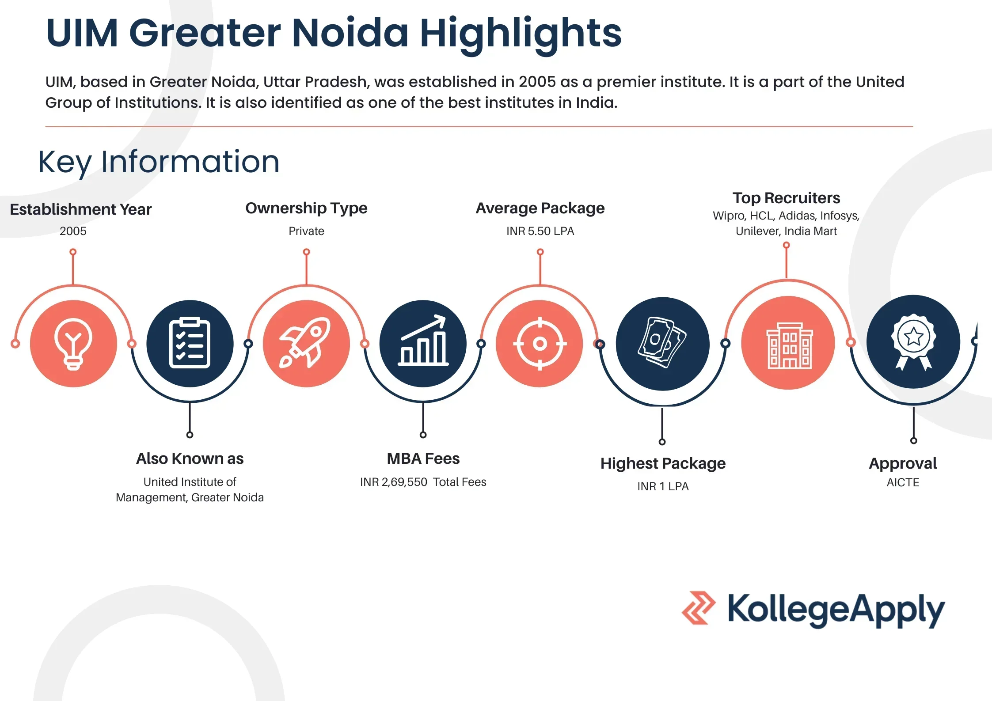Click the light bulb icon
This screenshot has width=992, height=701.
(73, 344)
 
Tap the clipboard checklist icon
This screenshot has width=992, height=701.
(190, 343)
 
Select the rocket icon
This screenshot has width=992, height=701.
(306, 343)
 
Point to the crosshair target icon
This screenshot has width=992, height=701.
(540, 343)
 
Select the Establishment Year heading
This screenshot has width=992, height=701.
(80, 209)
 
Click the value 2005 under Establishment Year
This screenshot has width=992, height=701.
(73, 231)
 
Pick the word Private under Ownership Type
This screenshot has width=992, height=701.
(306, 231)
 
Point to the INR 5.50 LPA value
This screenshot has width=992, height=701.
(540, 231)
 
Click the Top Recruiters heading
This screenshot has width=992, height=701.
(786, 198)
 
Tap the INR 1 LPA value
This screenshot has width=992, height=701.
(663, 486)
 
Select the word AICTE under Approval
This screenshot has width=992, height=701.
(903, 482)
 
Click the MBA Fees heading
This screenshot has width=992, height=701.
(423, 458)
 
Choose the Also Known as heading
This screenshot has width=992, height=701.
(190, 458)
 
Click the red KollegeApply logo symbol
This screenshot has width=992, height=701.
(699, 608)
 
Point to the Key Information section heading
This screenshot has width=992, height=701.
(159, 162)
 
